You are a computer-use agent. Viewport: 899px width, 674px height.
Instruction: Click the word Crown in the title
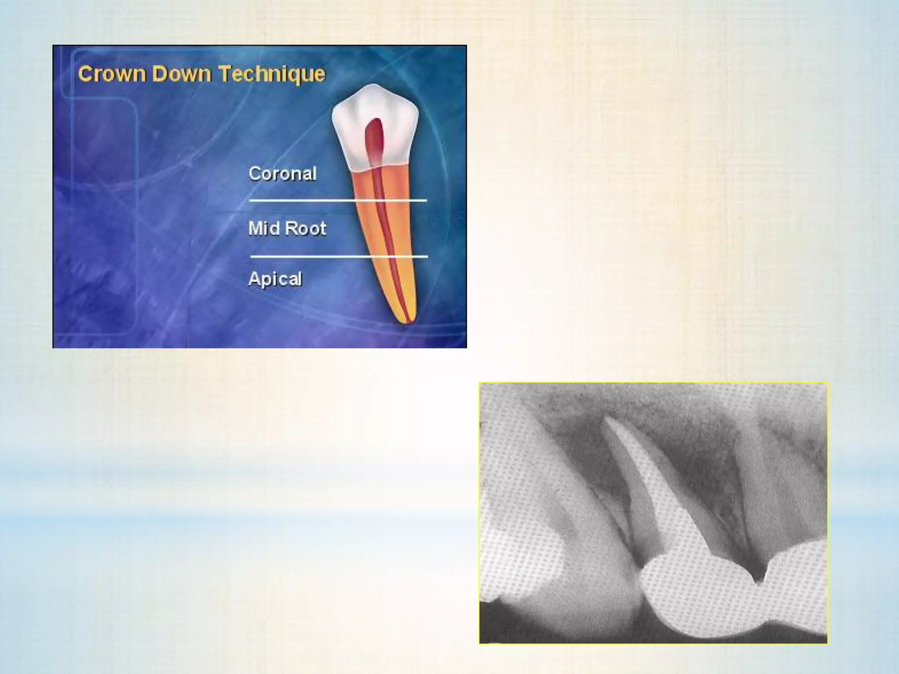111,74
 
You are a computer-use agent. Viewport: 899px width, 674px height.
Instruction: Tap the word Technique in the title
272,74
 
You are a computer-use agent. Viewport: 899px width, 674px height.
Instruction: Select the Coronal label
282,173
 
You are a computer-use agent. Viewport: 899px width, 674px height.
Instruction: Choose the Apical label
275,279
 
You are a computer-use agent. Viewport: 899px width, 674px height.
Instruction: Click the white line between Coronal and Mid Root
307,201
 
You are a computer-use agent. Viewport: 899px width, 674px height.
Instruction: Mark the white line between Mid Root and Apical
307,256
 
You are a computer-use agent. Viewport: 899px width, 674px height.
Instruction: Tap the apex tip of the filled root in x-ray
608,419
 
